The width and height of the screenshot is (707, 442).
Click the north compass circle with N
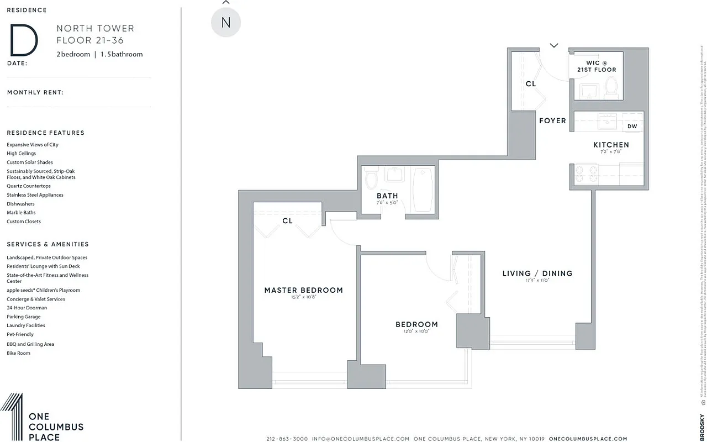point(225,23)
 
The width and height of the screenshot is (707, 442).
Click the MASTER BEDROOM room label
point(303,290)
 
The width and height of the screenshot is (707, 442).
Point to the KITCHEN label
point(608,145)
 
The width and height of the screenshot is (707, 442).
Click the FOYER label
point(552,120)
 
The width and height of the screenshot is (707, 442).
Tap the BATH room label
point(387,196)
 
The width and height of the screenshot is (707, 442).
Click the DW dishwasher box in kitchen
point(632,127)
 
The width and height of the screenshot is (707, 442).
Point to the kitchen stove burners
point(586,174)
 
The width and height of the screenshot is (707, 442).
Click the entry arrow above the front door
point(554,45)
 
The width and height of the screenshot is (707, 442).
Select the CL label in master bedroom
point(287,221)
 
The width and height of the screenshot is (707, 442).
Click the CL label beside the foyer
point(530,84)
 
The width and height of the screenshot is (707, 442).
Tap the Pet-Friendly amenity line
point(20,334)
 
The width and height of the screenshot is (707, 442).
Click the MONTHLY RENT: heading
point(35,92)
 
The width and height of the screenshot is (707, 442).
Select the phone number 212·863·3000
point(287,439)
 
